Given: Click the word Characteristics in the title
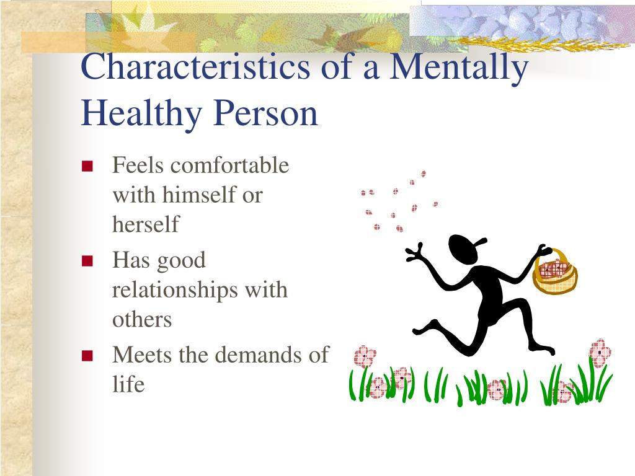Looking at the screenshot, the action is [x=195, y=66].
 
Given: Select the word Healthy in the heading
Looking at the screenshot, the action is [x=141, y=114].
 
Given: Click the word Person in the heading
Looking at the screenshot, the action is [x=265, y=113].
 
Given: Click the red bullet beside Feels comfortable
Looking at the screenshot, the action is [x=87, y=166].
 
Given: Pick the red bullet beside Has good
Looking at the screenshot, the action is [x=87, y=261].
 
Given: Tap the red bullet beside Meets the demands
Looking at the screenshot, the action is [x=87, y=355].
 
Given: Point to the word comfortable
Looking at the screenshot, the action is [x=229, y=165].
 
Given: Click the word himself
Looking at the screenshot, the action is [x=199, y=195].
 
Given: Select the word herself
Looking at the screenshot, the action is [x=146, y=224].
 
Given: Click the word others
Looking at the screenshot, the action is [x=142, y=320].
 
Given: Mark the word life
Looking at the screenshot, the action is [x=128, y=384].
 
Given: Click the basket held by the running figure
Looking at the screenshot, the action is [x=555, y=273].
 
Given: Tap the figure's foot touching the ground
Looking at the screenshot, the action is [x=542, y=348].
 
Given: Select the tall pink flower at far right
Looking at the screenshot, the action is [x=600, y=353].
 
